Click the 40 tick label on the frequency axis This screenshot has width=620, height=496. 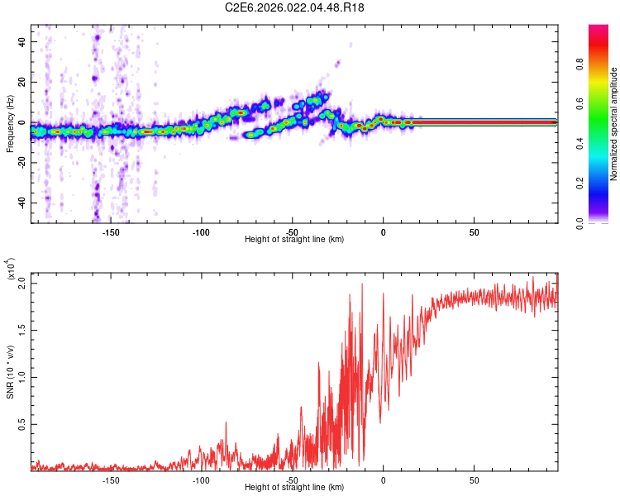[21, 42]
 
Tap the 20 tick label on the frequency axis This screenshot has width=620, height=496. [21, 82]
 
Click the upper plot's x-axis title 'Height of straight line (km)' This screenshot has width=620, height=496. [294, 239]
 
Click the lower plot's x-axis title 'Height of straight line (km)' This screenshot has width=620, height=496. [294, 487]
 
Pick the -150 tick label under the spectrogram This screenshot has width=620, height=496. [111, 231]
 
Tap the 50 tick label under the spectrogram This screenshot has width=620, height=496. [473, 231]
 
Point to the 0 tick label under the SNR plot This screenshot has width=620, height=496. [383, 479]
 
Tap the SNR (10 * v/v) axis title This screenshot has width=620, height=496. [10, 372]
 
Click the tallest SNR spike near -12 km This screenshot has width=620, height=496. [361, 284]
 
